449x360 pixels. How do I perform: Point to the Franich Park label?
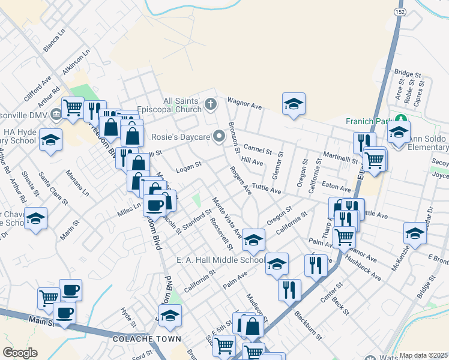(x=368, y=120)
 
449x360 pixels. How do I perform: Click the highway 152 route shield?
(x=399, y=11)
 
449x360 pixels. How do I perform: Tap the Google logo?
(x=20, y=353)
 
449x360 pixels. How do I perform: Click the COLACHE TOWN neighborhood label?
(x=146, y=339)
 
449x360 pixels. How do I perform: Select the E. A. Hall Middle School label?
(x=220, y=260)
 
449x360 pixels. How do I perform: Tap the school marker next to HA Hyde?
(x=50, y=140)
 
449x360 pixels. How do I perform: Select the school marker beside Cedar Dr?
(x=415, y=233)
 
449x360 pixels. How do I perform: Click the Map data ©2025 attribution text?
(x=423, y=355)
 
